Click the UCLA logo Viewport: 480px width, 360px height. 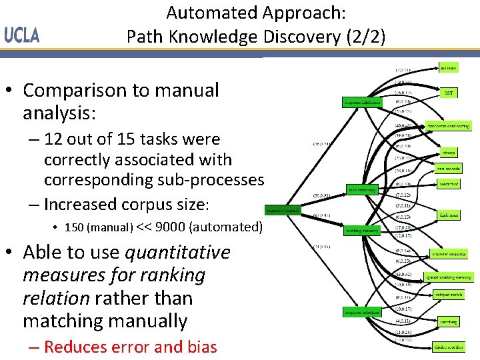tap(22, 35)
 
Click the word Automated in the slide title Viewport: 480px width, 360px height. tap(209, 13)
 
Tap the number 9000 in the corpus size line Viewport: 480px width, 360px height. tap(170, 227)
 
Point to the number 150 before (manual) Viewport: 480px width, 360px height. tap(74, 227)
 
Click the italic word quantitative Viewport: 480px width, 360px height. tap(177, 253)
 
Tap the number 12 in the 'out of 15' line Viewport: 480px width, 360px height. tap(54, 139)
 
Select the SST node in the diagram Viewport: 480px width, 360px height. tap(449, 93)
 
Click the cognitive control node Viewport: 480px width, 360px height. tap(283, 211)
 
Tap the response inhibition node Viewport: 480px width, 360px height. tap(362, 103)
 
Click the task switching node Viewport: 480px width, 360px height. tap(362, 189)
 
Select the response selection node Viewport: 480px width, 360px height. tap(362, 312)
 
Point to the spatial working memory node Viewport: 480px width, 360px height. tap(449, 277)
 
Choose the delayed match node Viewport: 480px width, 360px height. tap(449, 293)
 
